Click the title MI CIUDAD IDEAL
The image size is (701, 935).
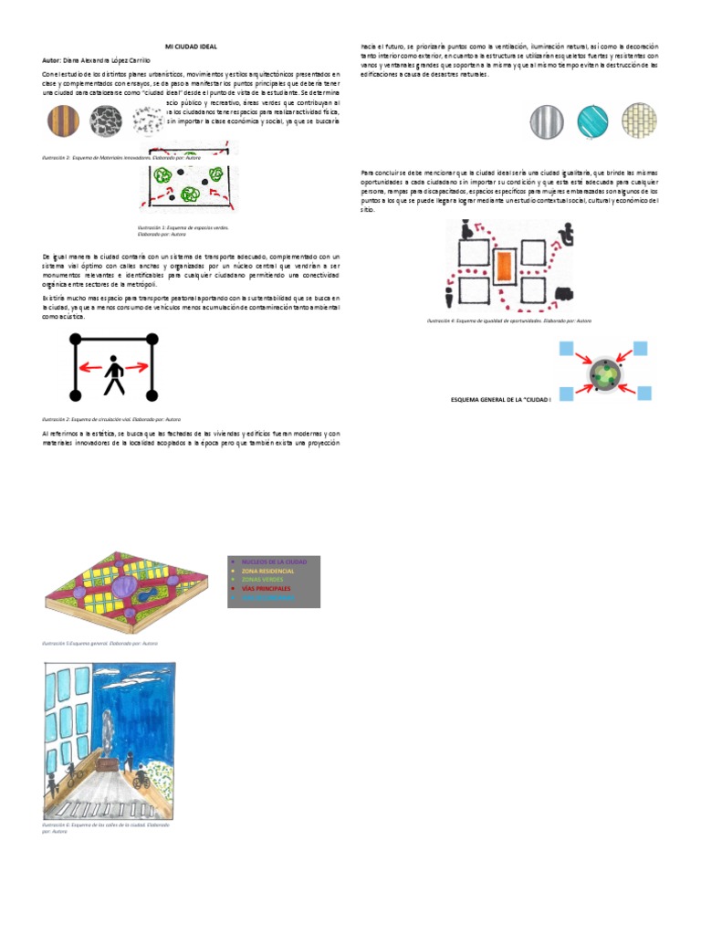(191, 46)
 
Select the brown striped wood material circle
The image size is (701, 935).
(65, 120)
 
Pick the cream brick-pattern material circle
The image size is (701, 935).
(639, 121)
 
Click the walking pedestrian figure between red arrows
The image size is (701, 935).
(114, 374)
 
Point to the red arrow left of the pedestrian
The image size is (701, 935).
(89, 368)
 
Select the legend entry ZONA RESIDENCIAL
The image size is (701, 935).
(268, 570)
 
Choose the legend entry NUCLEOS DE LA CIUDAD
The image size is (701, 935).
(274, 560)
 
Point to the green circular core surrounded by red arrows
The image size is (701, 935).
(603, 374)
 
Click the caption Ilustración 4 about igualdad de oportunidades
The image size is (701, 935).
(509, 320)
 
